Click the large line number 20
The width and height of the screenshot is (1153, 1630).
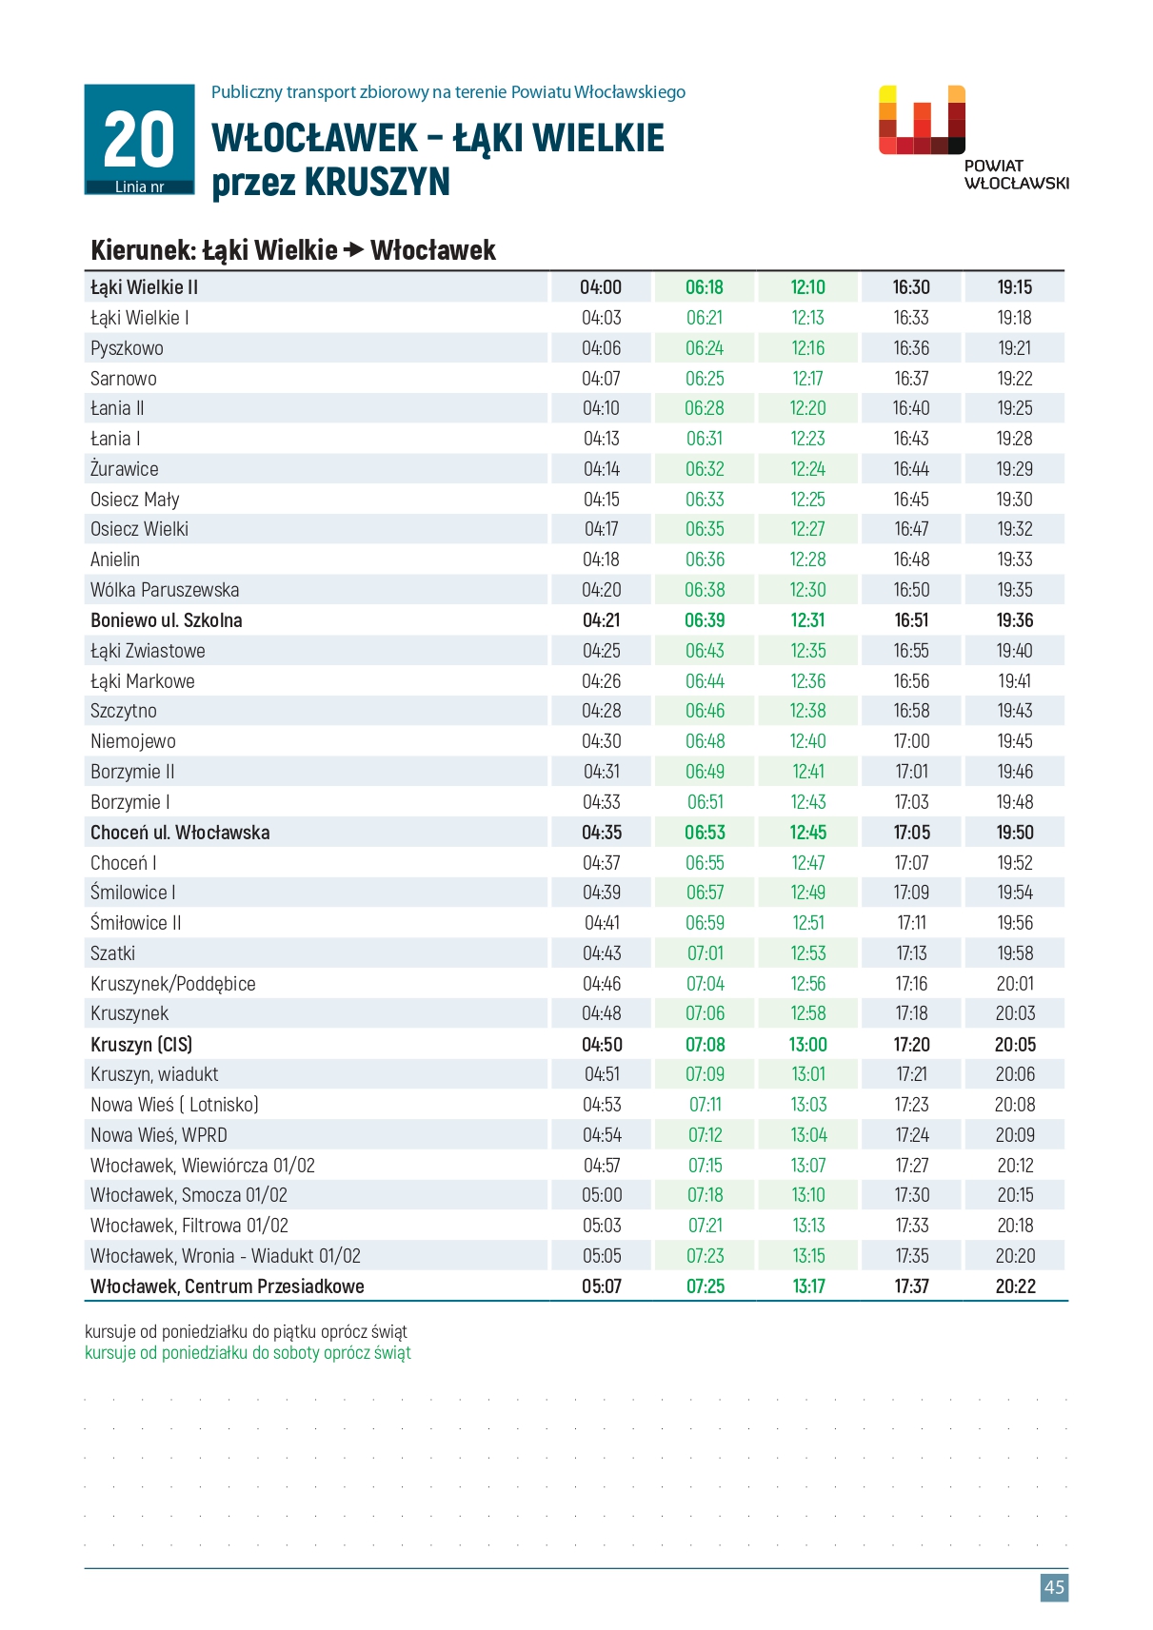139,140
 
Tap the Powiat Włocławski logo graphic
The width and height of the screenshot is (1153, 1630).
922,120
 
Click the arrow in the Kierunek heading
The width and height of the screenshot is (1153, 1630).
353,250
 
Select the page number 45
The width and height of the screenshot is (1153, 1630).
1054,1586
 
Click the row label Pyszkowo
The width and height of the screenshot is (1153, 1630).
127,348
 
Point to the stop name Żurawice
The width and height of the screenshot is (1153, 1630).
125,469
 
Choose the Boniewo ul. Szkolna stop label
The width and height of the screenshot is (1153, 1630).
166,620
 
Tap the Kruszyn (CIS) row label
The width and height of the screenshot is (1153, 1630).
141,1044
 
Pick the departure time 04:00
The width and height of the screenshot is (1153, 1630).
601,287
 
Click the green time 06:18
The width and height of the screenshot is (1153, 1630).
705,287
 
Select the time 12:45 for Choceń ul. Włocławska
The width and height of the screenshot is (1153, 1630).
808,833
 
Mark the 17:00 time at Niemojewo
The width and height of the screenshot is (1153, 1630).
911,741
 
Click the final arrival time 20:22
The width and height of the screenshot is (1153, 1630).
1015,1286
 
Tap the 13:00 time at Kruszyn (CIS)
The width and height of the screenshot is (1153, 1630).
808,1044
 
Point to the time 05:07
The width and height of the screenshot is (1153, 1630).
601,1286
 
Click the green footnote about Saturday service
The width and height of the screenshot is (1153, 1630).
248,1353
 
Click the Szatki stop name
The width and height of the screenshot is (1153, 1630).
112,953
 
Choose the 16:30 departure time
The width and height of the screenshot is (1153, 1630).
911,287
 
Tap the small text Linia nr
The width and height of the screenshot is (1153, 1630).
139,187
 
